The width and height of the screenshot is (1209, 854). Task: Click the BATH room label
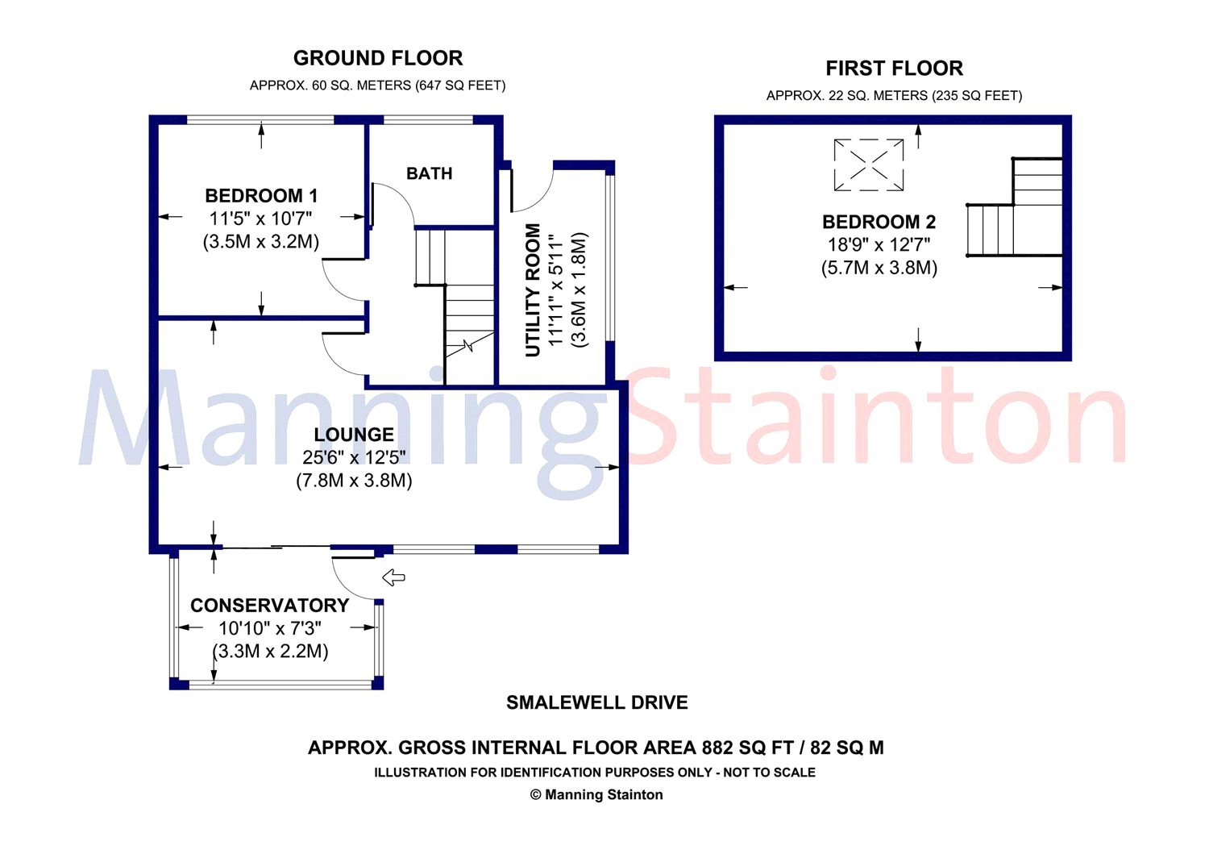coord(429,173)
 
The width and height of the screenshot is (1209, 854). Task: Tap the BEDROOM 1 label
coord(261,195)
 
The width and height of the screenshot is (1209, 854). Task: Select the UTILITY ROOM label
coord(533,290)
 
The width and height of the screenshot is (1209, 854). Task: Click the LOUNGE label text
coord(354,435)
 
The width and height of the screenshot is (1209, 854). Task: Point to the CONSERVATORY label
coord(270,606)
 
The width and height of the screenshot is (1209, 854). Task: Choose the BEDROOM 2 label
coord(879,222)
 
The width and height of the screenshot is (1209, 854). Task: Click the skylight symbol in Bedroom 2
coord(868,165)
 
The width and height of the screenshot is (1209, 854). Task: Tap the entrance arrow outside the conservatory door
coord(393,577)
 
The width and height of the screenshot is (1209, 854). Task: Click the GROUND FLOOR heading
coord(378,58)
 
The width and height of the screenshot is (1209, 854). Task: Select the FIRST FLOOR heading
coord(895,69)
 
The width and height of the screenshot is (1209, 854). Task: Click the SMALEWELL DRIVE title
coord(597,702)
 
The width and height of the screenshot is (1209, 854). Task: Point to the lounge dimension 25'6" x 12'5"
coord(354,457)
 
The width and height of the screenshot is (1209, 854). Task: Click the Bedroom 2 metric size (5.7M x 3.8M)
coord(879,268)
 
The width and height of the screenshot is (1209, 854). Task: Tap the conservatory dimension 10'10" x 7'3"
coord(270,628)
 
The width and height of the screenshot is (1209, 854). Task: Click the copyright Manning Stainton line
coord(596,794)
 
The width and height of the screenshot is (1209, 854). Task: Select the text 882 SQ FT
coord(747,748)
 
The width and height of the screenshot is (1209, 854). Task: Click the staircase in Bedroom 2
coord(1015,207)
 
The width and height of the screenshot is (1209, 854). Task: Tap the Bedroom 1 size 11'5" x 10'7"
coord(261,219)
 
